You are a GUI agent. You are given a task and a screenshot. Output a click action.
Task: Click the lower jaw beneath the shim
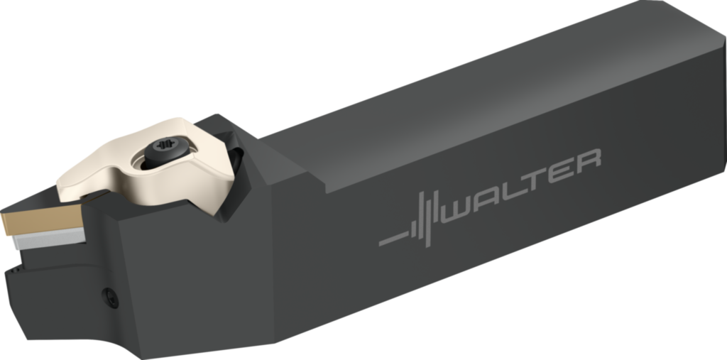pos(50,284)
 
